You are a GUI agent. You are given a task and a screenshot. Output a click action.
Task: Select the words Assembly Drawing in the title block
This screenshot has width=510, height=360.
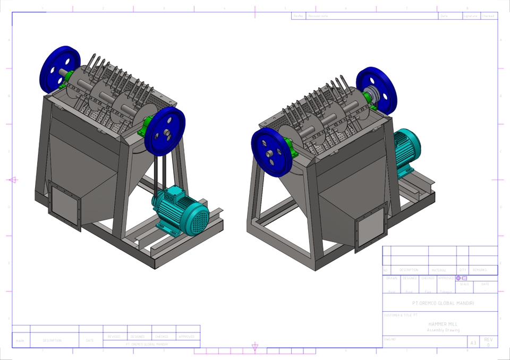point(443,330)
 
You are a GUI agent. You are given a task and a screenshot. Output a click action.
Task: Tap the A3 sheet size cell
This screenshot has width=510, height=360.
point(473,342)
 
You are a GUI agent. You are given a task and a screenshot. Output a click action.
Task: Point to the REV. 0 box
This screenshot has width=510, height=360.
point(488,342)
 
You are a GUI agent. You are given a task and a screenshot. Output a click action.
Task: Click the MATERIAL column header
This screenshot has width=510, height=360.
point(439,270)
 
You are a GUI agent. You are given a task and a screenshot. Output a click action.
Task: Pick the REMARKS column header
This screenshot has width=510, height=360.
point(480,270)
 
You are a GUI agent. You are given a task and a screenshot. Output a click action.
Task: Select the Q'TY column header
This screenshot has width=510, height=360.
point(463,270)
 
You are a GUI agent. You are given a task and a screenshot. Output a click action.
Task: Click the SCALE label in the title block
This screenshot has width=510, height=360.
point(464,284)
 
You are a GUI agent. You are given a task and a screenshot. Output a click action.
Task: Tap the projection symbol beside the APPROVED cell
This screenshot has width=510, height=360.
point(461,278)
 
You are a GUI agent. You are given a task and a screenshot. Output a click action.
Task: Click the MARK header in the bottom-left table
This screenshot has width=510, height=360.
point(20,340)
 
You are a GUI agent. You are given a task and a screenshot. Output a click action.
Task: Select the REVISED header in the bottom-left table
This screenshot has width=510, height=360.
point(114,337)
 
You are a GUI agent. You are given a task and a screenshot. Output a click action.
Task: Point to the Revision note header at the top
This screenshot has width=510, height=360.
point(319,16)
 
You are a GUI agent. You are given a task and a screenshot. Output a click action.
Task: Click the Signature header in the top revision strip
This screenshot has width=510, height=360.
point(470,16)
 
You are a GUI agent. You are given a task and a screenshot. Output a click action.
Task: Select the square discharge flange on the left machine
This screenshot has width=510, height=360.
point(64,205)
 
